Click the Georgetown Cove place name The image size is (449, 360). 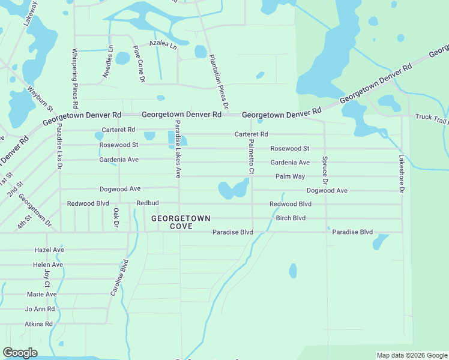click(x=180, y=223)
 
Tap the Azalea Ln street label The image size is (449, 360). click(x=163, y=44)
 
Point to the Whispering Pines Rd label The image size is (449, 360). click(x=75, y=74)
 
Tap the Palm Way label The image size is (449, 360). click(x=290, y=176)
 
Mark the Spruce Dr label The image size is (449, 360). click(x=325, y=170)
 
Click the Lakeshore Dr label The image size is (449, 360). click(x=402, y=174)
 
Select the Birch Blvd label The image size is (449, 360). click(x=291, y=218)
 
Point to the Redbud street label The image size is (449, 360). click(x=147, y=203)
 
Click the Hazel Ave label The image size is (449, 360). click(x=49, y=250)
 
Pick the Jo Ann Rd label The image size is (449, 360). click(x=40, y=309)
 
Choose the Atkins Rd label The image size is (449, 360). click(x=39, y=324)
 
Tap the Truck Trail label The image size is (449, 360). click(x=431, y=117)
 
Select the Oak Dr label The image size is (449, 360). click(x=115, y=218)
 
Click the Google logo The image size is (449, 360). click(x=20, y=352)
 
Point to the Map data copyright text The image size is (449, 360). click(x=412, y=355)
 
